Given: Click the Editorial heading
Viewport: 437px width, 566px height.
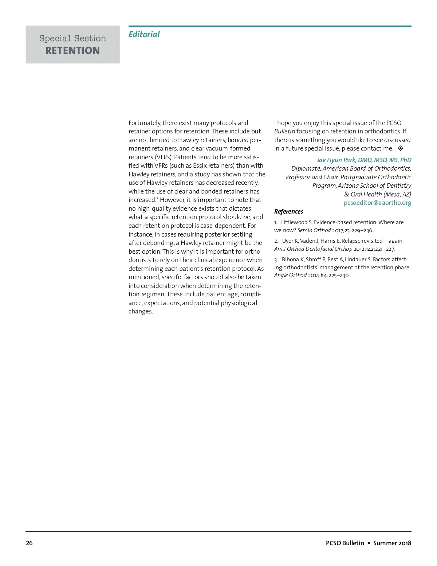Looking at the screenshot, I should [x=144, y=34].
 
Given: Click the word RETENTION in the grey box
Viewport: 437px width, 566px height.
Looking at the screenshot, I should [x=73, y=50].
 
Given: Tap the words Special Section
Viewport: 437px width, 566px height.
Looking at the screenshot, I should [x=73, y=38].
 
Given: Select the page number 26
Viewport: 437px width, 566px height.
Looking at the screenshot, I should [x=29, y=543].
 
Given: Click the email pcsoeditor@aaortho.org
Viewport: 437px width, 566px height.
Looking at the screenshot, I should [x=377, y=203].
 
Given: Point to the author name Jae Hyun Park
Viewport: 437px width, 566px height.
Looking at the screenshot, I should [x=336, y=160].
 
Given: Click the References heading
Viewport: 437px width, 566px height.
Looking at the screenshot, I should [x=288, y=211].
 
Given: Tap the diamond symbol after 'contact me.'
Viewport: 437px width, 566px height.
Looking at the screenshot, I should [x=400, y=148].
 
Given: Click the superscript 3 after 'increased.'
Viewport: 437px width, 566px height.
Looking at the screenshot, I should [x=157, y=199].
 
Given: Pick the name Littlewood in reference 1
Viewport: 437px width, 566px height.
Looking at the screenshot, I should [x=294, y=222].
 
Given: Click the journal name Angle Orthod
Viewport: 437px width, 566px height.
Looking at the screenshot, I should [x=290, y=275].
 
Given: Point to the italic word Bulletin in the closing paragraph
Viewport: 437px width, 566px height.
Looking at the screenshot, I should [x=284, y=131].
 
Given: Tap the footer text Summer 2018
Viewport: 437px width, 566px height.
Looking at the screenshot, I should [x=392, y=543].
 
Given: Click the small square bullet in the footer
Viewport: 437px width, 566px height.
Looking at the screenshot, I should [x=369, y=543].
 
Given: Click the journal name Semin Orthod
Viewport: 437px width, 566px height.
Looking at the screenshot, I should [x=314, y=230].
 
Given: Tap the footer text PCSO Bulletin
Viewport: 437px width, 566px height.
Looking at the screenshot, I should [x=345, y=543].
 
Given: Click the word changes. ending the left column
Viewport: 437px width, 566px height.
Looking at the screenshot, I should [x=141, y=311].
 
